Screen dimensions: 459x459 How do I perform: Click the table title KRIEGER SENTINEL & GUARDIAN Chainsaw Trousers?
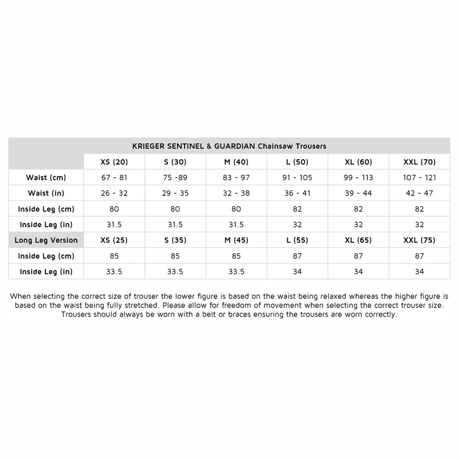[229, 146]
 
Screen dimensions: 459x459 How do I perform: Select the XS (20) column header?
[114, 162]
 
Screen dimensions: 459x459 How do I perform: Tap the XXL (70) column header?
[419, 162]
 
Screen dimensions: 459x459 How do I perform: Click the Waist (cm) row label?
[46, 178]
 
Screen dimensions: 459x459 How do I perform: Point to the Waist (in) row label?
[46, 193]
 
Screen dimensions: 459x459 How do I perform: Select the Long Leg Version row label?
[46, 240]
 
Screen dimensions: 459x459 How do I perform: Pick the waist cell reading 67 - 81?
[114, 178]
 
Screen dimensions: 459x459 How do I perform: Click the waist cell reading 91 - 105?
[297, 178]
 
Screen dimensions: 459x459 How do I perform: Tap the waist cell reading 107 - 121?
[419, 178]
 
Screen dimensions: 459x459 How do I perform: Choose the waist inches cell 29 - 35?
[175, 193]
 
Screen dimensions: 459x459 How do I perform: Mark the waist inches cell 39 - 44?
[358, 193]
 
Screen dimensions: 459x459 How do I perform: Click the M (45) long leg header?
[236, 240]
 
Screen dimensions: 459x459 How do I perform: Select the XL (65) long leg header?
[358, 240]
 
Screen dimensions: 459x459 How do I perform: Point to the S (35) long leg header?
[175, 240]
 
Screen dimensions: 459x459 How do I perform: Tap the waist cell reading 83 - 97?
[236, 178]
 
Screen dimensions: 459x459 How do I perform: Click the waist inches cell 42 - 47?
[419, 193]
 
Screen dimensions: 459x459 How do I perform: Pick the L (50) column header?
[297, 162]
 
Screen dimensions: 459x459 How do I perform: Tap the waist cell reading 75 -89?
[175, 178]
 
